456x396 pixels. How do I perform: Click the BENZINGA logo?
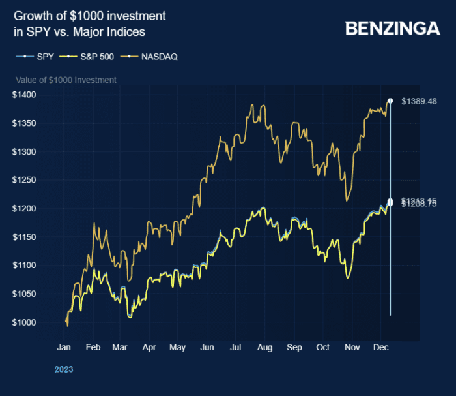pyautogui.click(x=392, y=28)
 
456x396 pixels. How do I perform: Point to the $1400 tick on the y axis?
pyautogui.click(x=23, y=95)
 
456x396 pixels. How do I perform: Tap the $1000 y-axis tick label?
pyautogui.click(x=23, y=322)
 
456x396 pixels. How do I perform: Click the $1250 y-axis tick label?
pyautogui.click(x=23, y=180)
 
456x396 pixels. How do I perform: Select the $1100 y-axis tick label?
pyautogui.click(x=23, y=266)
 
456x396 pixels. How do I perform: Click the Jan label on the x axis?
pyautogui.click(x=64, y=348)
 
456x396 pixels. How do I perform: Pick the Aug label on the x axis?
pyautogui.click(x=265, y=348)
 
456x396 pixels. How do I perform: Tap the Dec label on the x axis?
pyautogui.click(x=380, y=348)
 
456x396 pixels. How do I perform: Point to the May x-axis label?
pyautogui.click(x=177, y=348)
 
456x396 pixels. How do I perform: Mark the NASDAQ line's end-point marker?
pyautogui.click(x=390, y=101)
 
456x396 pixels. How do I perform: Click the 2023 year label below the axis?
pyautogui.click(x=63, y=369)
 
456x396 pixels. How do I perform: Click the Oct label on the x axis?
pyautogui.click(x=323, y=348)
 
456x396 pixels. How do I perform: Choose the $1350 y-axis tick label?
pyautogui.click(x=23, y=123)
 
